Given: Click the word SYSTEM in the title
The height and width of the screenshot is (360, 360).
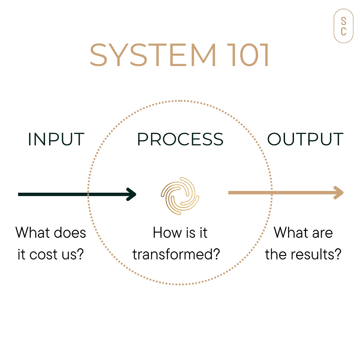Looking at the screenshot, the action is click(153, 55).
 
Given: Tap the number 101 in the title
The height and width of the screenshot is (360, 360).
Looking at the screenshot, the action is click(247, 55).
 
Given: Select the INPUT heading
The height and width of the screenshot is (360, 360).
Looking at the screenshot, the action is click(56, 139).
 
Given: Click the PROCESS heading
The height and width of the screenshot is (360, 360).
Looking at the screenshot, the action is click(180, 139).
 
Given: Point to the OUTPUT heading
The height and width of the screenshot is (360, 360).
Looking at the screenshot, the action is click(305, 139).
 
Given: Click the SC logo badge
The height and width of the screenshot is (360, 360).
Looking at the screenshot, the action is click(343, 26).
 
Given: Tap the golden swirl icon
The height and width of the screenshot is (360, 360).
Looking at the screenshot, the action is click(180, 196).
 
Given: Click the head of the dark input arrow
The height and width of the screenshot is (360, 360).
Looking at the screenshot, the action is click(131, 195).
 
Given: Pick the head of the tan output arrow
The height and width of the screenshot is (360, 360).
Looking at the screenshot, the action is click(338, 193).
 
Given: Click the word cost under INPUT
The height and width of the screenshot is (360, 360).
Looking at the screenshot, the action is click(43, 255).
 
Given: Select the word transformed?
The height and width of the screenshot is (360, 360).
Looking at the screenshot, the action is click(176, 254).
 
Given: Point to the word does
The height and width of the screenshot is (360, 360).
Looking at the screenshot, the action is click(70, 233).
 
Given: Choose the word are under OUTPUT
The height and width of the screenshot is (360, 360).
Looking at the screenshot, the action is click(322, 234).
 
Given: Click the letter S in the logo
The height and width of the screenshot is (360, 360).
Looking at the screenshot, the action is click(343, 21).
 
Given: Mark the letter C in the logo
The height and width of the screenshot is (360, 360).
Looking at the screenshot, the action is click(343, 31).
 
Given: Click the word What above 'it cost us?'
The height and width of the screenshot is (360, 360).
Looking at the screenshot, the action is click(33, 232).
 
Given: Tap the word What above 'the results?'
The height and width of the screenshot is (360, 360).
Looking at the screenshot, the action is click(291, 232).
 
